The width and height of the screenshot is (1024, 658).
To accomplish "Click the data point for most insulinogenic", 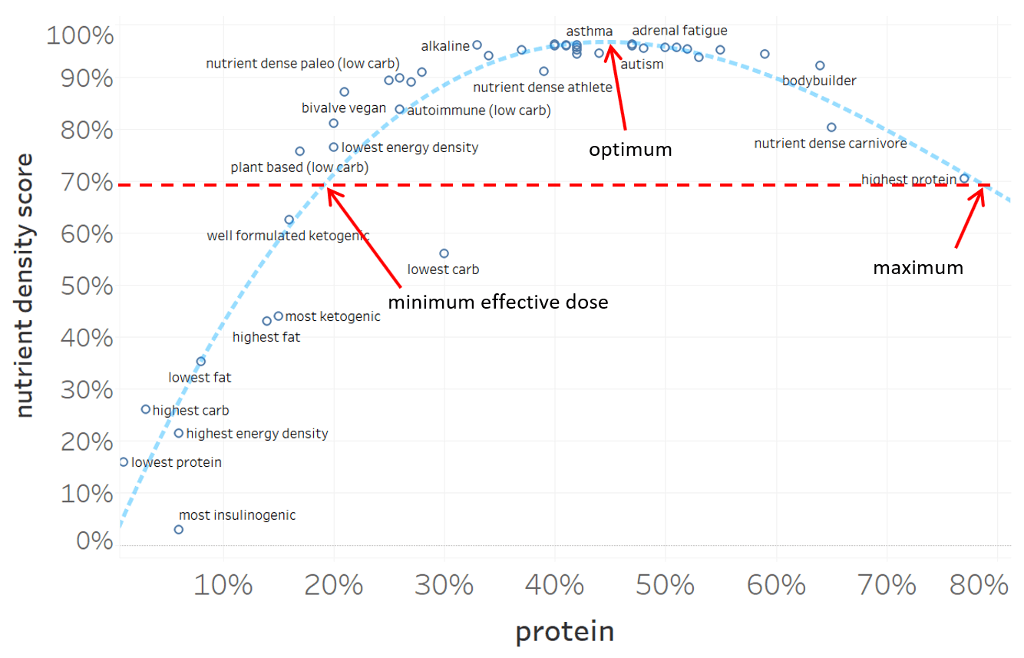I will click(x=179, y=530).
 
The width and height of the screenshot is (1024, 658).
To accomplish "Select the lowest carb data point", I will click(x=444, y=253).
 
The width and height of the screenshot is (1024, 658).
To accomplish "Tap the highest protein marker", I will click(x=964, y=178).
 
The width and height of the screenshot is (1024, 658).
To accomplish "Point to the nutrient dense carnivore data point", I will click(x=831, y=127).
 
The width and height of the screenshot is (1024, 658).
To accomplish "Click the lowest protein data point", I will click(x=124, y=462).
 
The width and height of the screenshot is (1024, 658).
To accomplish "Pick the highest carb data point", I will click(x=146, y=409).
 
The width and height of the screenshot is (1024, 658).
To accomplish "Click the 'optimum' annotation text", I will click(x=630, y=150).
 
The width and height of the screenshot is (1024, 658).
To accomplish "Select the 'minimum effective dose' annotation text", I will click(x=497, y=302).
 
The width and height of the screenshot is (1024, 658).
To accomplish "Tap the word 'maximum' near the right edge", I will click(x=917, y=268).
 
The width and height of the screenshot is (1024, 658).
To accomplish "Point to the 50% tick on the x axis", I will click(x=665, y=586).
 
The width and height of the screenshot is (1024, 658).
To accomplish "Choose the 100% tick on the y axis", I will click(x=81, y=35).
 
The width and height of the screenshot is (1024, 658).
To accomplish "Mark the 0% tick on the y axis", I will click(x=95, y=541).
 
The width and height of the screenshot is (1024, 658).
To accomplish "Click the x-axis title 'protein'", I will click(x=564, y=632).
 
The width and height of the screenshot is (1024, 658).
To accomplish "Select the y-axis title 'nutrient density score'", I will click(x=25, y=286).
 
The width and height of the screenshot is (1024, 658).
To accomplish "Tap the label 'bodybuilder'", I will click(x=819, y=81).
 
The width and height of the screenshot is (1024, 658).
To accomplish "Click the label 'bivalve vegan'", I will click(x=344, y=108).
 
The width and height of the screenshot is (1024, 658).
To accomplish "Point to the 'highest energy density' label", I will click(x=257, y=434).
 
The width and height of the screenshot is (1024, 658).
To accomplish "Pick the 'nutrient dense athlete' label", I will click(x=543, y=88).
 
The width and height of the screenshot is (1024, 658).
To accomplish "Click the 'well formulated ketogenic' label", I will click(x=288, y=236).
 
